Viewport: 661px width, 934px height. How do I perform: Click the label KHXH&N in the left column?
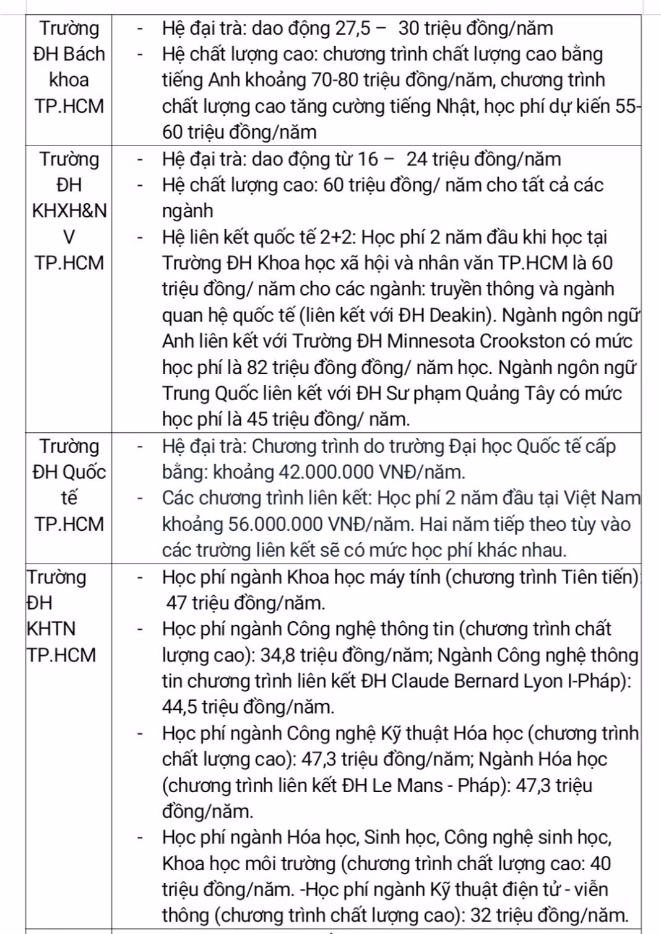pos(69,211)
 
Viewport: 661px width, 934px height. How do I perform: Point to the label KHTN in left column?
pos(51,629)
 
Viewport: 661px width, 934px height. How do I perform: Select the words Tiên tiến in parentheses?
pos(598,577)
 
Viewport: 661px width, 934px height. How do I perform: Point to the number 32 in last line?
pos(481,915)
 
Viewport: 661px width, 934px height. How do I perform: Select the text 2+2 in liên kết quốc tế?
pos(338,237)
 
